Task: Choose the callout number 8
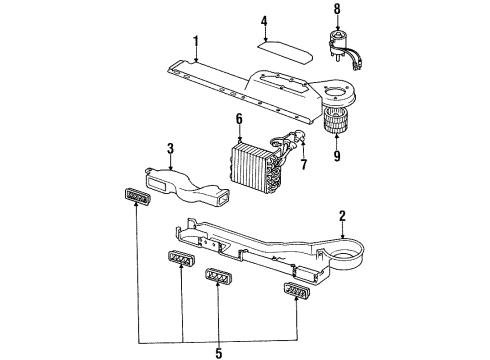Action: (x=337, y=12)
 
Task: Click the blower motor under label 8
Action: (x=340, y=44)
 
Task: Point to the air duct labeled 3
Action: (x=191, y=184)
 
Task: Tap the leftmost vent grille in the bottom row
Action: (x=181, y=262)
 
